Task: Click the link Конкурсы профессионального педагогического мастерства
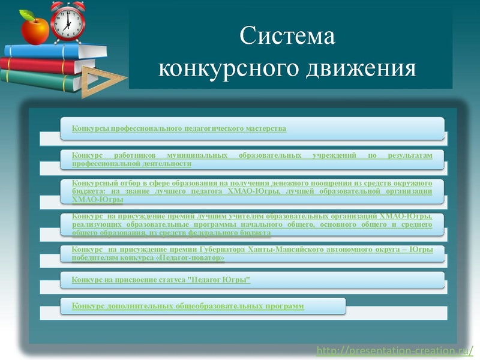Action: [179, 128]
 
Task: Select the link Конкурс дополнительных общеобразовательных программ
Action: [188, 306]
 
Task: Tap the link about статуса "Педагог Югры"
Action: [161, 280]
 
